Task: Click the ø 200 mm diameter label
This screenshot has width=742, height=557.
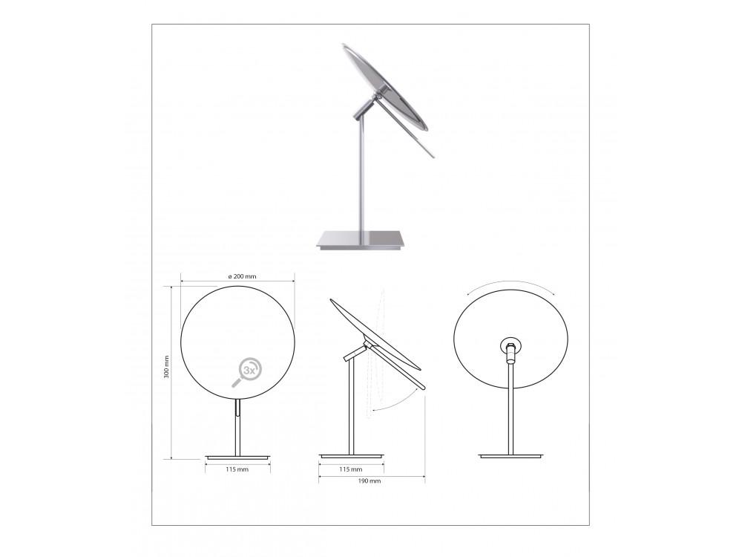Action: coord(242,276)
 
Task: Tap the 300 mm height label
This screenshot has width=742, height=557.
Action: coord(166,367)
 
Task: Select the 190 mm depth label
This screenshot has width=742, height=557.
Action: coord(370,481)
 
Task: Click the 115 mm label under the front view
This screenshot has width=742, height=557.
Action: coord(237,469)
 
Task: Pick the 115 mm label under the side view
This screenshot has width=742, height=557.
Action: coord(351,469)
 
